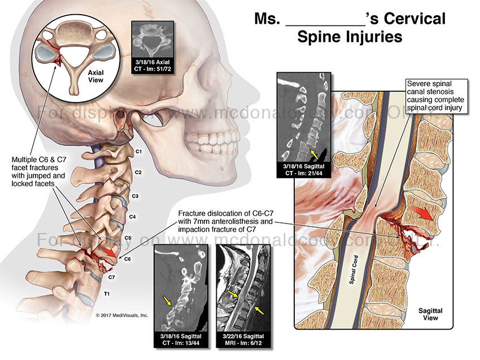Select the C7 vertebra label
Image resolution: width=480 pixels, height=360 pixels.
click(x=112, y=277)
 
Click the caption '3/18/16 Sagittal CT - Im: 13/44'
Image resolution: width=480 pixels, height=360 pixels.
click(x=180, y=340)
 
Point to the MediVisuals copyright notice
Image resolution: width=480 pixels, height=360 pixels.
click(x=121, y=315)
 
